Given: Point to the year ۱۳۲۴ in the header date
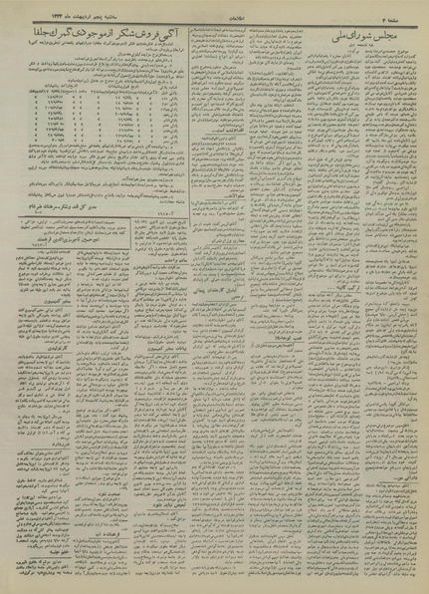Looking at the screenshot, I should [x=48, y=12].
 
